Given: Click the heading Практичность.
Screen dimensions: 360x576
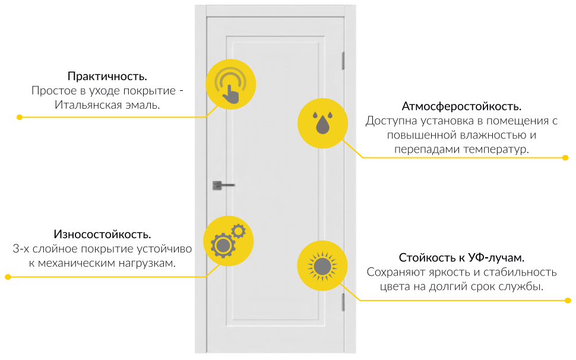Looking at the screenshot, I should click(x=107, y=77).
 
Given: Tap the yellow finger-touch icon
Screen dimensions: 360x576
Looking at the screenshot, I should click(x=230, y=84).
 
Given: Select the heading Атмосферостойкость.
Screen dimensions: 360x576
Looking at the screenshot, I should click(x=461, y=107).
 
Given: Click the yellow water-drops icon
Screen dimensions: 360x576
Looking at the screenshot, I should click(x=322, y=123).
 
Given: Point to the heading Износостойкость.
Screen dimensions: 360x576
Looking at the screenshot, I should click(x=102, y=234).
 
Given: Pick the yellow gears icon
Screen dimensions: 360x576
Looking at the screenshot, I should click(x=228, y=241).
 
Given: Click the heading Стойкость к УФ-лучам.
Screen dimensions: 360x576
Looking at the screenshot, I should click(x=461, y=258).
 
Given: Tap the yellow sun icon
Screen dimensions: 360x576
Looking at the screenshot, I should click(x=322, y=266).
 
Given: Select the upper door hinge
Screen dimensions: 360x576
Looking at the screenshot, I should click(x=343, y=61).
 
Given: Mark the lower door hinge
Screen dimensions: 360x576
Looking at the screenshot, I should click(x=343, y=302).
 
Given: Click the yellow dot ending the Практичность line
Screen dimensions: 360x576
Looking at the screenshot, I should click(x=19, y=118).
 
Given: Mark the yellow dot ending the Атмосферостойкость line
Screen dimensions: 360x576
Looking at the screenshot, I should click(x=565, y=158).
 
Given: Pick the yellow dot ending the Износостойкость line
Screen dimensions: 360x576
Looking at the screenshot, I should click(x=8, y=277).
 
